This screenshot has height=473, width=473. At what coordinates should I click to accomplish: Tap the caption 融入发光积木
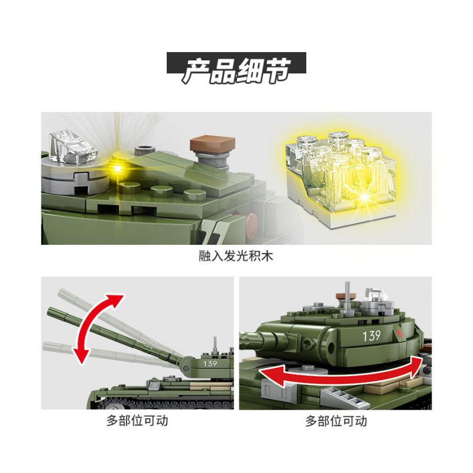(x=236, y=257)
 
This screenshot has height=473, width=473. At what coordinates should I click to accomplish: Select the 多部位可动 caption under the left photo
(x=137, y=421)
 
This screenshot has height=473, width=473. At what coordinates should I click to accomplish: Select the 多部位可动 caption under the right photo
(x=336, y=421)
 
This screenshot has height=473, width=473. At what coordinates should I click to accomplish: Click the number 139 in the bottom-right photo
(x=371, y=336)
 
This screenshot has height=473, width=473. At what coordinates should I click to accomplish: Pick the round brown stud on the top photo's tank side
(x=253, y=223)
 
